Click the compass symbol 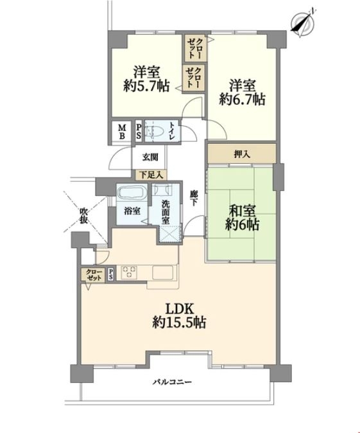[304, 22]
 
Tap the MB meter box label [122, 132]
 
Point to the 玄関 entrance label [150, 157]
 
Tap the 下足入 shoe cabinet [151, 175]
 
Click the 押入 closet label [242, 155]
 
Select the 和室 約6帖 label [242, 218]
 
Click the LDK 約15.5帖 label [179, 315]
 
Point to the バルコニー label [173, 382]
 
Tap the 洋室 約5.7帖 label [146, 79]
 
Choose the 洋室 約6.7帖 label [242, 93]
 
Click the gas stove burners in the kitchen [129, 272]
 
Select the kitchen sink [163, 272]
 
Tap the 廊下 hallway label [194, 199]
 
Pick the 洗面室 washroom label [166, 213]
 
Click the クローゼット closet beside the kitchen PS [93, 275]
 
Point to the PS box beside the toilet [139, 132]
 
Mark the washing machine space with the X [171, 234]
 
